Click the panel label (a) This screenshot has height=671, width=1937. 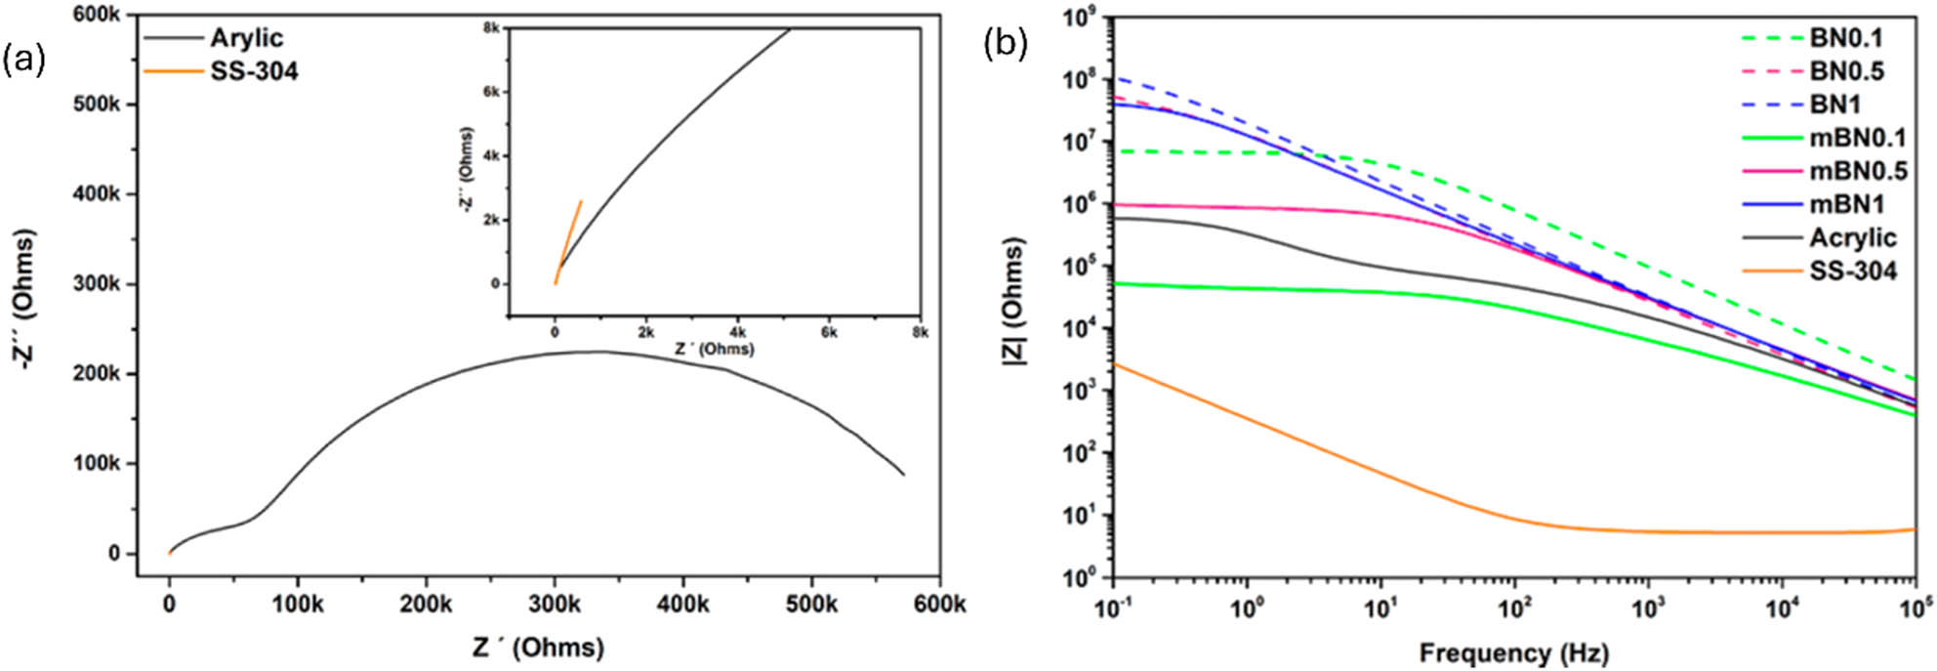[x=23, y=61]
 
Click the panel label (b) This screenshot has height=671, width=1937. [x=1005, y=44]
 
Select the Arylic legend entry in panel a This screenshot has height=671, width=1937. [x=246, y=38]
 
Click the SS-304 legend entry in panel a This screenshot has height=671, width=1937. [x=254, y=71]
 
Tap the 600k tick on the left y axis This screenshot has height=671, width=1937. [x=97, y=15]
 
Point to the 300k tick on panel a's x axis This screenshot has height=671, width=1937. [x=555, y=605]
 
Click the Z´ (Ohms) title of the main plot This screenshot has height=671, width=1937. [x=538, y=647]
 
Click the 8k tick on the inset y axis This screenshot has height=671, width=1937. [x=492, y=28]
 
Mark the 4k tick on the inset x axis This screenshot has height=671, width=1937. [x=737, y=332]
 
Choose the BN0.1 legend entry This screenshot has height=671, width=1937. [x=1846, y=38]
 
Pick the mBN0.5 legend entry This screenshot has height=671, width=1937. [x=1858, y=171]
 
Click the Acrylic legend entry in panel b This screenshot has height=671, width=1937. [x=1852, y=237]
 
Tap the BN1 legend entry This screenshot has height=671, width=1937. [x=1834, y=105]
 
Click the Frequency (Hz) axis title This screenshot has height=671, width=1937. [x=1513, y=652]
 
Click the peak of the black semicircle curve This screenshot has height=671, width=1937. [x=596, y=352]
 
